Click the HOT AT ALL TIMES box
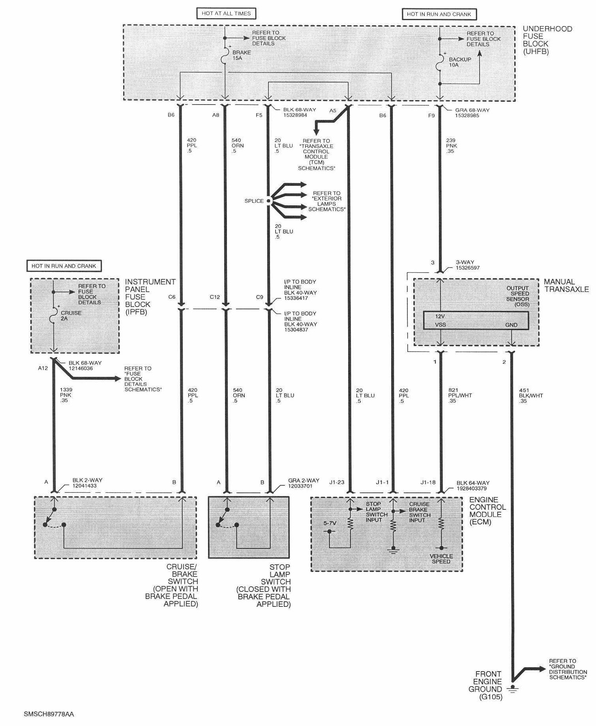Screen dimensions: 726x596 tap(226, 13)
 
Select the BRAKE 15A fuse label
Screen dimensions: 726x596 tap(241, 55)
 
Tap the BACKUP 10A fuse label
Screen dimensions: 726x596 tap(459, 62)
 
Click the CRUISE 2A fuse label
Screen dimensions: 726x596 tap(71, 315)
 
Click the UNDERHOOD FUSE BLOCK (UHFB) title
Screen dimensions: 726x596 tap(547, 40)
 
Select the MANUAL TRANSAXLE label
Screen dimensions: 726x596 tap(566, 285)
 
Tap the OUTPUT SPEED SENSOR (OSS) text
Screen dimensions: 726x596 tap(518, 296)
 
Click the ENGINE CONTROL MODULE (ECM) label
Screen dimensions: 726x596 tap(487, 511)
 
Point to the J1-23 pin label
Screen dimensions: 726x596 tap(337, 482)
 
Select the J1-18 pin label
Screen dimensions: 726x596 tap(428, 482)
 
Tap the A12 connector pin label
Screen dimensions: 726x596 tap(43, 368)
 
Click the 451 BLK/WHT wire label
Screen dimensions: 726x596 tap(531, 395)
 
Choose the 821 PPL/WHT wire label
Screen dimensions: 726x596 tap(460, 395)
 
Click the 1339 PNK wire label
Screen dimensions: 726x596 tap(66, 395)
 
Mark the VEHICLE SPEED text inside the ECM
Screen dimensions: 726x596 tap(441, 559)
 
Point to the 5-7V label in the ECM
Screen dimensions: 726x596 tap(330, 523)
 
